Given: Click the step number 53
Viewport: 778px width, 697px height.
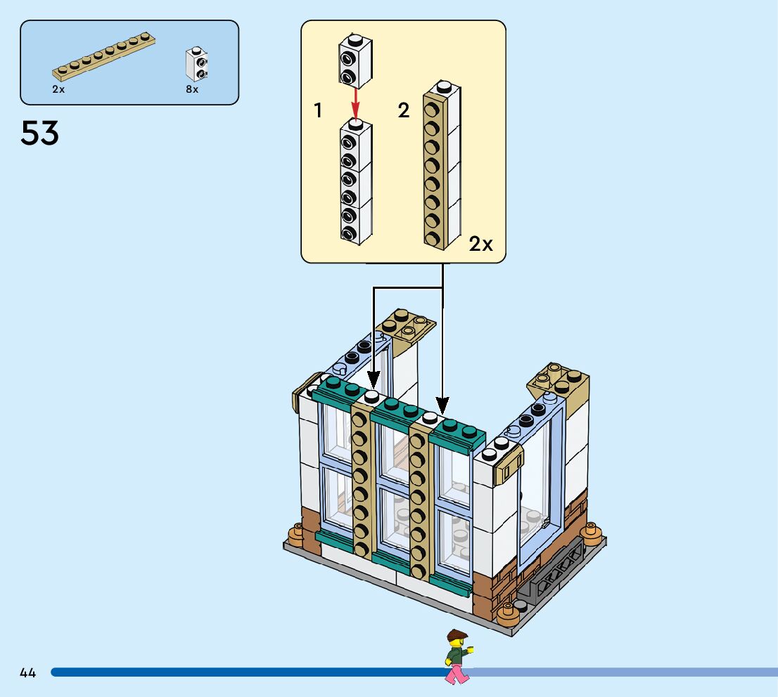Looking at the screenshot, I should click(x=40, y=133).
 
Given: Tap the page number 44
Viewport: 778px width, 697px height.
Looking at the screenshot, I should click(x=27, y=673).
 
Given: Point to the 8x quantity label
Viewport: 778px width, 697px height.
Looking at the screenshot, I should click(x=192, y=90).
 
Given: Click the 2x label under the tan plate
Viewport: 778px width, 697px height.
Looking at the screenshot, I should click(x=58, y=90).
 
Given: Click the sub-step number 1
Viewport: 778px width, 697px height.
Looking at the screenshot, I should click(x=319, y=110).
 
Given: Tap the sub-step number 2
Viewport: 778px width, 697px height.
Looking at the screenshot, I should click(x=403, y=110).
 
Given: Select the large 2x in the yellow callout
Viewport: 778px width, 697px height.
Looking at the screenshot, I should click(x=481, y=245).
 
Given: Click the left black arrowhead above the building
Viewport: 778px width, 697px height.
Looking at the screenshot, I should click(x=373, y=379).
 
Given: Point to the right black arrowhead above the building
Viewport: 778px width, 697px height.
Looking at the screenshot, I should click(x=442, y=405).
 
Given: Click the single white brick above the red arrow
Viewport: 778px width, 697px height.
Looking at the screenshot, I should click(x=355, y=59).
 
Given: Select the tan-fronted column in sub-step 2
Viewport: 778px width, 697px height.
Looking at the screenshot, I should click(x=441, y=166).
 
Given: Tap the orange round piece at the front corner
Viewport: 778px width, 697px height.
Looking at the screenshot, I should click(x=508, y=615).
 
